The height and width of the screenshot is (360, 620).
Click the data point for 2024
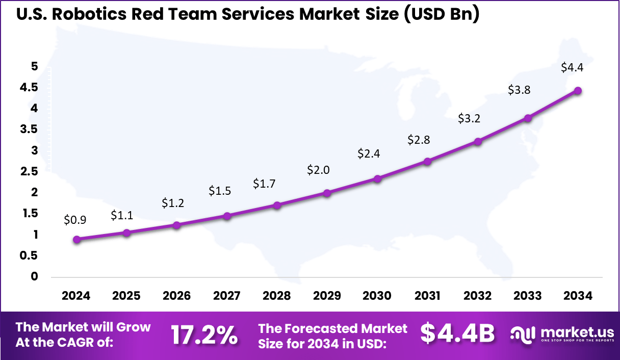[76, 240]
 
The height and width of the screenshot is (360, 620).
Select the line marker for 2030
[377, 178]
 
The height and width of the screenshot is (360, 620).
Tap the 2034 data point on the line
[578, 91]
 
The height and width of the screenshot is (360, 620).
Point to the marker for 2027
[227, 216]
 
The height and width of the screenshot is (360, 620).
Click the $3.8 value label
[519, 90]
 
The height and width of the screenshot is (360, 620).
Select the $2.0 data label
[318, 170]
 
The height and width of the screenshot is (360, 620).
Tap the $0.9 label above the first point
[75, 220]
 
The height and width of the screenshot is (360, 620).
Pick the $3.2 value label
[469, 119]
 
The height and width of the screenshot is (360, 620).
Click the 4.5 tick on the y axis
[29, 87]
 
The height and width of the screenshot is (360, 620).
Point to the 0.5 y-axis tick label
[29, 255]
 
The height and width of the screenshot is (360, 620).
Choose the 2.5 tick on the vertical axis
[29, 171]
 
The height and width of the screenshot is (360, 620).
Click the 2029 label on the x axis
[327, 296]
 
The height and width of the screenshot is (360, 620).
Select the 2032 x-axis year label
[478, 296]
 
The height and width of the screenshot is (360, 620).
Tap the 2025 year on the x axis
[126, 296]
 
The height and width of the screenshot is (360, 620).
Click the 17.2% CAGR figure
[204, 335]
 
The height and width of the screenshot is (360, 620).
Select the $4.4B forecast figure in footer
[457, 333]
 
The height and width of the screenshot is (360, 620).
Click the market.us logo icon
[522, 335]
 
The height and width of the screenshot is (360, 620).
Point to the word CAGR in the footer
[82, 343]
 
